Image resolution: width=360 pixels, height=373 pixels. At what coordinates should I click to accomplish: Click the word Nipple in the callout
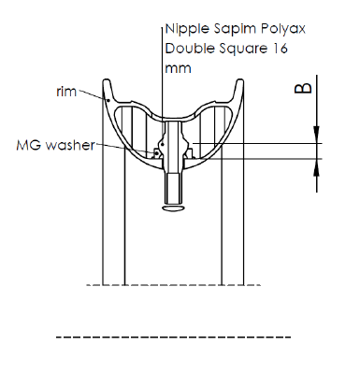pyautogui.click(x=187, y=30)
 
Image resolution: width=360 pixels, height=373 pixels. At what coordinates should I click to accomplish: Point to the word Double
pyautogui.click(x=190, y=49)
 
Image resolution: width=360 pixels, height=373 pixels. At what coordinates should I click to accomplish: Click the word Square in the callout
pyautogui.click(x=243, y=49)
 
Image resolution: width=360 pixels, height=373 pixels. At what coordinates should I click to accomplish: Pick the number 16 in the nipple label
pyautogui.click(x=280, y=49)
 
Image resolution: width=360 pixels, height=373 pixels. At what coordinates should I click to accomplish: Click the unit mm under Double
pyautogui.click(x=178, y=68)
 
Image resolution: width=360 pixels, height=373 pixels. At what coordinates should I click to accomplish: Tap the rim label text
pyautogui.click(x=66, y=92)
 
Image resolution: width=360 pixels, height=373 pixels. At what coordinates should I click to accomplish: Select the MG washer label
pyautogui.click(x=55, y=145)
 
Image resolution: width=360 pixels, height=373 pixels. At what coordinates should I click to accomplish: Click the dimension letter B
pyautogui.click(x=303, y=88)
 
